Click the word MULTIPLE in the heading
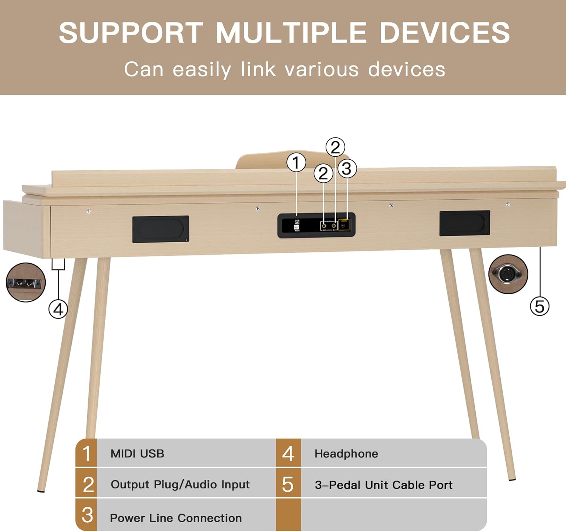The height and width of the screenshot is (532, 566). point(291,33)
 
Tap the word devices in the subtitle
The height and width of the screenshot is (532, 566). point(406,69)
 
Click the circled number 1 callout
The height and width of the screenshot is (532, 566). point(296,163)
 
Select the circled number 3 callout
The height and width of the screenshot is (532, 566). point(347,168)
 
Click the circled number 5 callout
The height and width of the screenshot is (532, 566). point(540,306)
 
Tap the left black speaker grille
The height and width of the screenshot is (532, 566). point(160,229)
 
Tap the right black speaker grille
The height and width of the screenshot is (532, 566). point(464,223)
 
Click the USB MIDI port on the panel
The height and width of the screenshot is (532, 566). point(297,225)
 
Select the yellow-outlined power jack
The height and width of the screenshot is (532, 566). point(344,225)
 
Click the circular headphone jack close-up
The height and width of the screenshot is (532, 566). point(26,282)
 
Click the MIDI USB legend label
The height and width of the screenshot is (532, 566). point(137,454)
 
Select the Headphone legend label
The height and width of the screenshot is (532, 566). point(346,454)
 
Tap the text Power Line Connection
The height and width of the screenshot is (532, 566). point(176,518)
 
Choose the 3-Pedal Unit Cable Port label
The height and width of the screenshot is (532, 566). point(383,485)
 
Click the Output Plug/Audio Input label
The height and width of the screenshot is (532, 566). point(180,485)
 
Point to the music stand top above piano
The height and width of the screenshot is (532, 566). point(264,160)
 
